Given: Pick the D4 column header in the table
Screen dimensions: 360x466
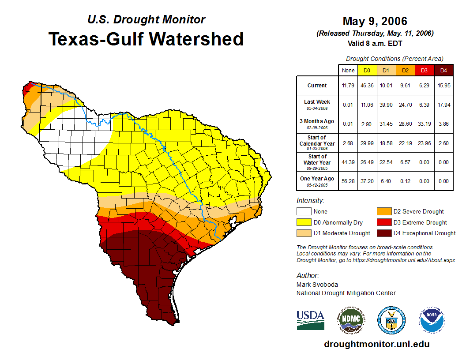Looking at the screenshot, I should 443,70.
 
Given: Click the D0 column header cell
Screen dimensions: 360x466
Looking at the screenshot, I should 367,70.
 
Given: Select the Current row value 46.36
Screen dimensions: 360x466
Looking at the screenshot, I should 367,86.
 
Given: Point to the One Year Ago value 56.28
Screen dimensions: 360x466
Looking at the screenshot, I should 348,181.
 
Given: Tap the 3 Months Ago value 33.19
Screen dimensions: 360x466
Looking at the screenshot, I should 424,124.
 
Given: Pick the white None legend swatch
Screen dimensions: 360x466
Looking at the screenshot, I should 304,212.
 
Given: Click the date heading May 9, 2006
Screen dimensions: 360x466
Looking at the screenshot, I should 375,21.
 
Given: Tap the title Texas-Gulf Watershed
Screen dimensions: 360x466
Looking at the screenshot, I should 146,39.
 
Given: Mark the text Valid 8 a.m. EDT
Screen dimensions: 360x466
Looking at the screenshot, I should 375,43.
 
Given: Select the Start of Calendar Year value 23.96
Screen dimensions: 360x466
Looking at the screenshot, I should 424,143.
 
